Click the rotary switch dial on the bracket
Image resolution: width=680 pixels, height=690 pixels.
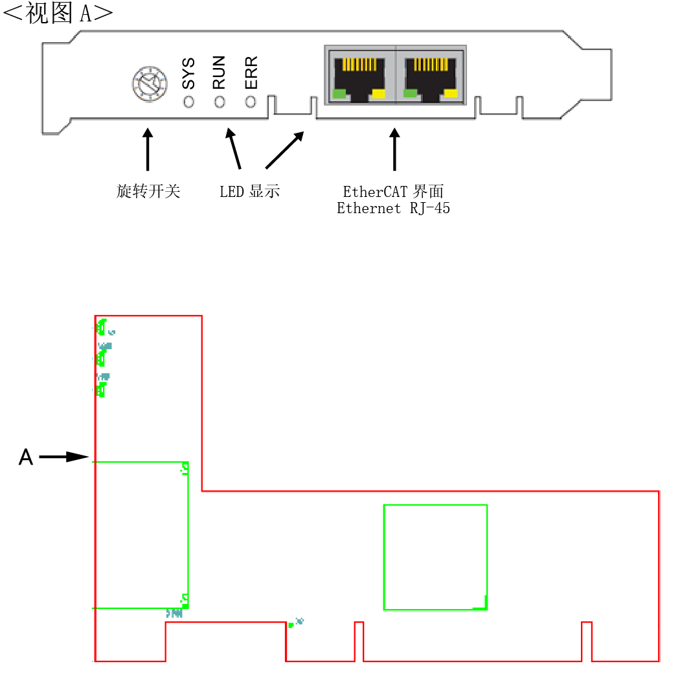[x=150, y=84]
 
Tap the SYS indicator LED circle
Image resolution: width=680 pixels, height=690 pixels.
[x=188, y=102]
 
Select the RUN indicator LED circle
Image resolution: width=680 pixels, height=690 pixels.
[x=220, y=102]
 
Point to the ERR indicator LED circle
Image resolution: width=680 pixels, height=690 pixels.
[x=250, y=102]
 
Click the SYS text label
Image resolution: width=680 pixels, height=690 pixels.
[x=188, y=73]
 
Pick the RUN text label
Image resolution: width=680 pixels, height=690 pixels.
[x=219, y=73]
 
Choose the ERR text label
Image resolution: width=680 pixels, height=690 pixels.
[x=251, y=73]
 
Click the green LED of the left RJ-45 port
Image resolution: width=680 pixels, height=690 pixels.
[x=339, y=94]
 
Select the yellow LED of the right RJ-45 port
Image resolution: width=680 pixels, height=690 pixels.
[x=451, y=93]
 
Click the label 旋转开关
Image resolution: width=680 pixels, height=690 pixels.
[x=148, y=191]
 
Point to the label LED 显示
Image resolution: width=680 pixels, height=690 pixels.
[x=249, y=191]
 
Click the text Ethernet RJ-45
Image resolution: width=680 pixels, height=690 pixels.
[x=393, y=208]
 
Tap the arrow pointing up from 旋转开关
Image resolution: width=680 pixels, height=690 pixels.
[x=148, y=149]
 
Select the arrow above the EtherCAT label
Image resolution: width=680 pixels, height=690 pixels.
[x=394, y=149]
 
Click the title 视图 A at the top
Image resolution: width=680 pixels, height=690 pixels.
[x=58, y=13]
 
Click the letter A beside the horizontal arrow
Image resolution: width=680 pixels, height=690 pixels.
[x=26, y=457]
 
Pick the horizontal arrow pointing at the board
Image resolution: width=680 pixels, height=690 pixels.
[x=64, y=457]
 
